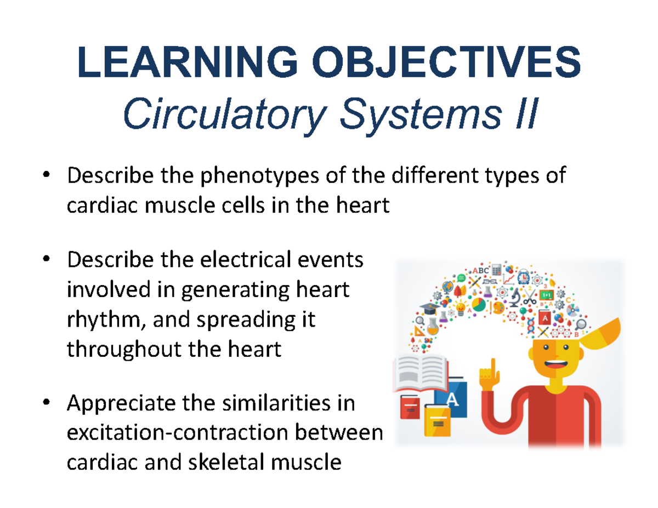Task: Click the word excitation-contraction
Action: click(x=177, y=433)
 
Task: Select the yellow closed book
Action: click(x=436, y=422)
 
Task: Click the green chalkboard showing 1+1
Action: click(x=546, y=295)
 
